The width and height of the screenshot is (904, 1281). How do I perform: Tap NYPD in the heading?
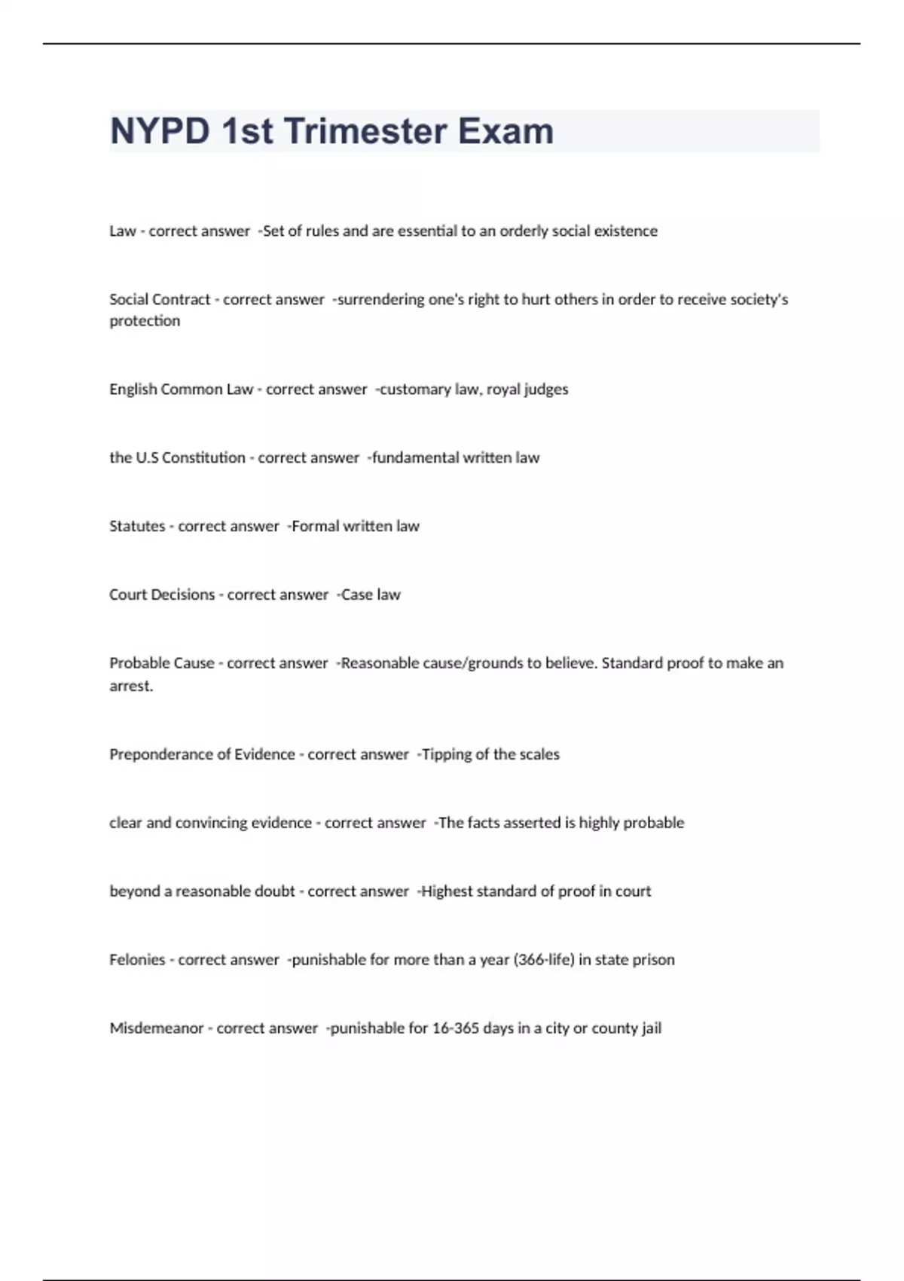click(160, 131)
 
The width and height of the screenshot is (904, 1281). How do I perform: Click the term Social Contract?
click(160, 299)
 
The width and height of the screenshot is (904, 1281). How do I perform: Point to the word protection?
click(145, 321)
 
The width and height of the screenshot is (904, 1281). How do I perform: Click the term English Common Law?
click(181, 390)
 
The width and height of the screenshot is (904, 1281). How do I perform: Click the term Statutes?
click(137, 526)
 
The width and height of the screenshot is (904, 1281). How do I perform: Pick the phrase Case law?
click(371, 595)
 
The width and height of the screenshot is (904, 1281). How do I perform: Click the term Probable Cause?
click(162, 663)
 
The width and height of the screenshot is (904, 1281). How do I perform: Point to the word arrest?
click(130, 686)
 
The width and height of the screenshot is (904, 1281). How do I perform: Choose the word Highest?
click(447, 891)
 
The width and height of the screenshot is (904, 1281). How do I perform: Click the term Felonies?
click(137, 960)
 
